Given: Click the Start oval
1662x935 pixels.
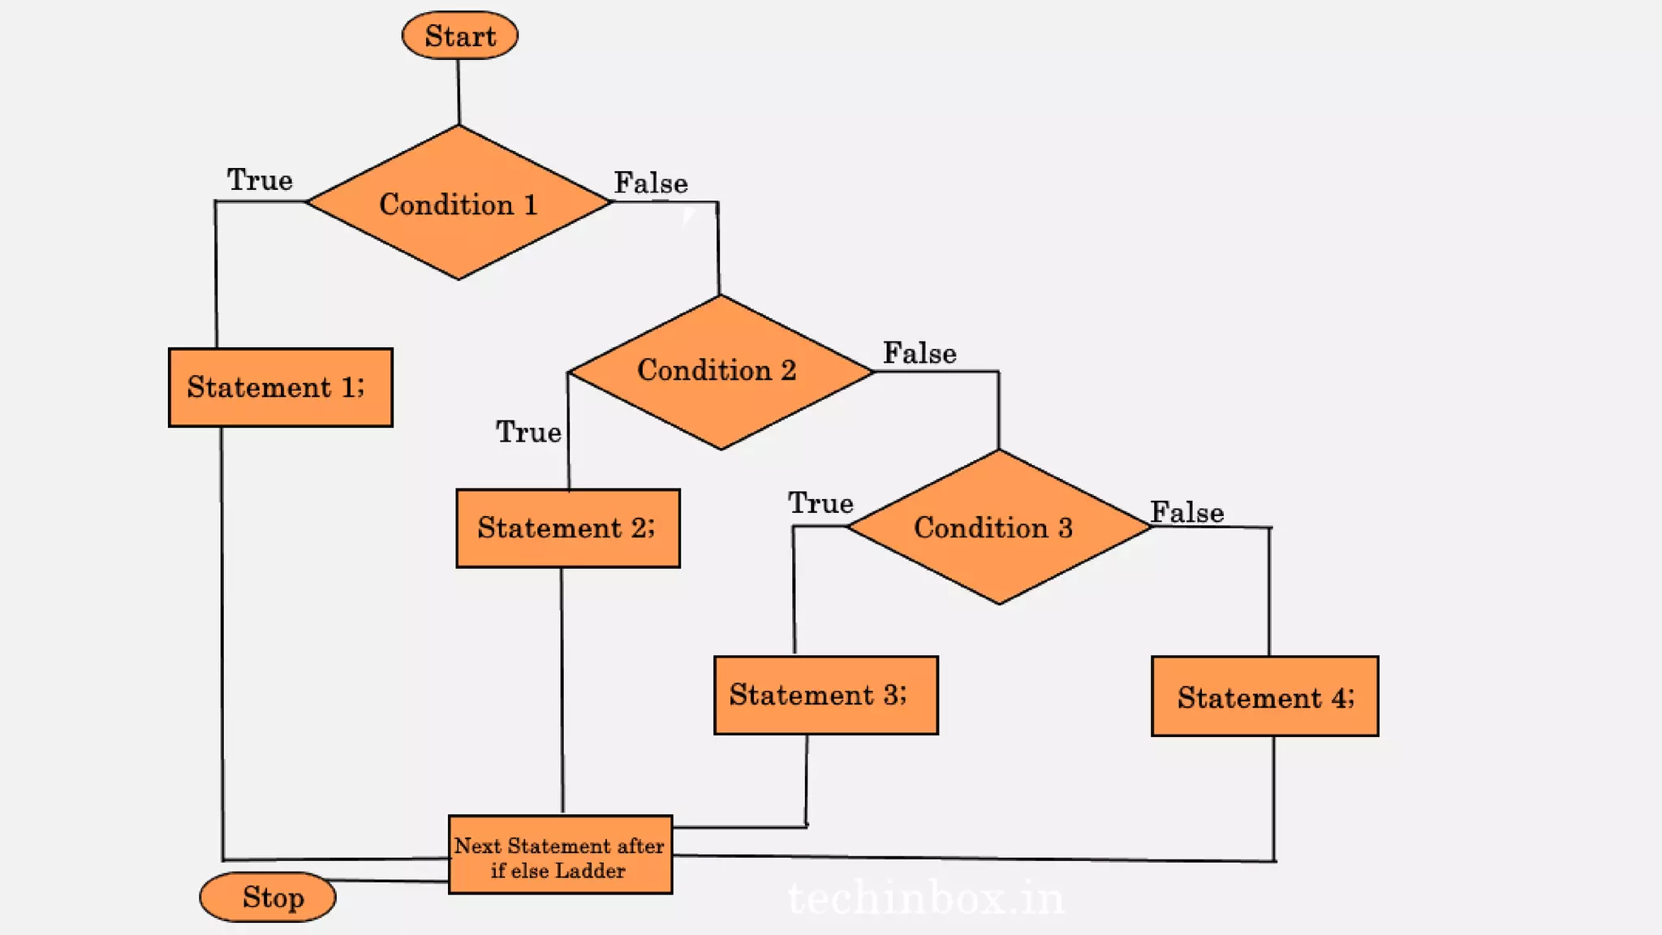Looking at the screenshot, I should click(459, 36).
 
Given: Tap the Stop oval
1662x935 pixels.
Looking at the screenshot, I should click(268, 897).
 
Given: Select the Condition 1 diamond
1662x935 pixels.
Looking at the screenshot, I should click(459, 203).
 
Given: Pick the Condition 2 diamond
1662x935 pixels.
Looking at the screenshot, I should click(719, 371).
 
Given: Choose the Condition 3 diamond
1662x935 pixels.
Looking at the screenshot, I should click(997, 528).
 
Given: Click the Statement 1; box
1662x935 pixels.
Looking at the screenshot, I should click(280, 387).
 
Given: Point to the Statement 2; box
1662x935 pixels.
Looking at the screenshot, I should click(567, 528).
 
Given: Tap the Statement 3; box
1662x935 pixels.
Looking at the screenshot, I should click(825, 696).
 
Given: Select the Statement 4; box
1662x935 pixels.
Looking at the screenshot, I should click(1264, 696).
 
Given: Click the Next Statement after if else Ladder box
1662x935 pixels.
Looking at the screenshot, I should click(560, 855).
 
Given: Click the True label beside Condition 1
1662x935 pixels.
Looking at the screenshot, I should click(260, 179).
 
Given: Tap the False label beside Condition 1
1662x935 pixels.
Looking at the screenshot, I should click(651, 183).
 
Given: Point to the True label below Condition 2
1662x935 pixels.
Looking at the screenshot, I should click(528, 432).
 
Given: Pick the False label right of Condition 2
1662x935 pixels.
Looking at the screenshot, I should click(919, 353).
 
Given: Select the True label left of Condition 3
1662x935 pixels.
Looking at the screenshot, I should click(820, 503).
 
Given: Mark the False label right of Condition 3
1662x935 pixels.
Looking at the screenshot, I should click(1186, 512).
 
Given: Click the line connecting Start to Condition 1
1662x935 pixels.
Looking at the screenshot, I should click(459, 91).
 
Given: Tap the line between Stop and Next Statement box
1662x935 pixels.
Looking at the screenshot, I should click(390, 881).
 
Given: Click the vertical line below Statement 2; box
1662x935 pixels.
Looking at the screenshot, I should click(562, 690).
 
